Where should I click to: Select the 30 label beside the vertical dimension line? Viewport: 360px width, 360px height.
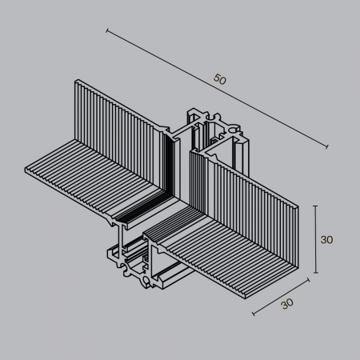tap(326, 239)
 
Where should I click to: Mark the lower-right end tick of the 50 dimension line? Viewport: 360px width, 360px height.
tap(328, 146)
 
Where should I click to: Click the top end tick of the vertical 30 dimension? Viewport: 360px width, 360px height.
tap(317, 206)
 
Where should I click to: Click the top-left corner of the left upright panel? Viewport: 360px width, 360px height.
tap(76, 80)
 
